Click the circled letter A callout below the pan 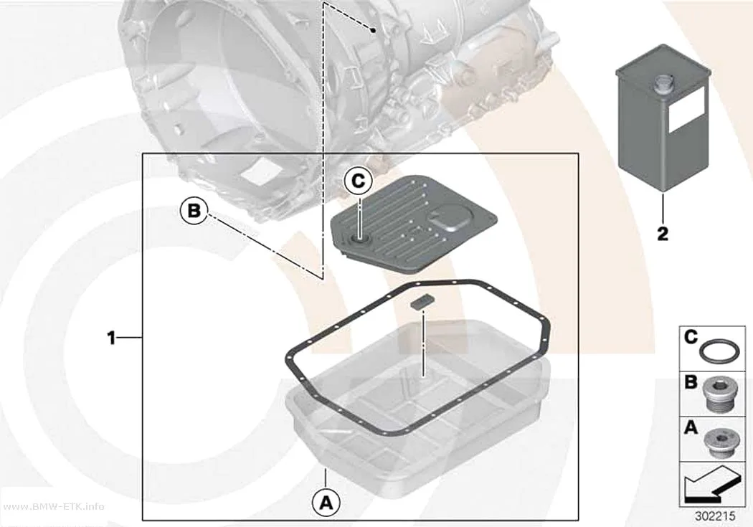click(x=326, y=503)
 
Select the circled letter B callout click(x=194, y=211)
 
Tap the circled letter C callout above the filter click(x=359, y=181)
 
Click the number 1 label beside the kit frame click(x=111, y=338)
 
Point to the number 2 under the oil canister click(x=663, y=234)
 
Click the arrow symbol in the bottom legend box click(x=711, y=484)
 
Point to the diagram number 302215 click(x=715, y=516)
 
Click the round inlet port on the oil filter click(x=360, y=239)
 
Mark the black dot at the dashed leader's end click(x=373, y=30)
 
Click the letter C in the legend click(x=691, y=338)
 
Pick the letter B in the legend click(x=691, y=382)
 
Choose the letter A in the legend click(x=691, y=427)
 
